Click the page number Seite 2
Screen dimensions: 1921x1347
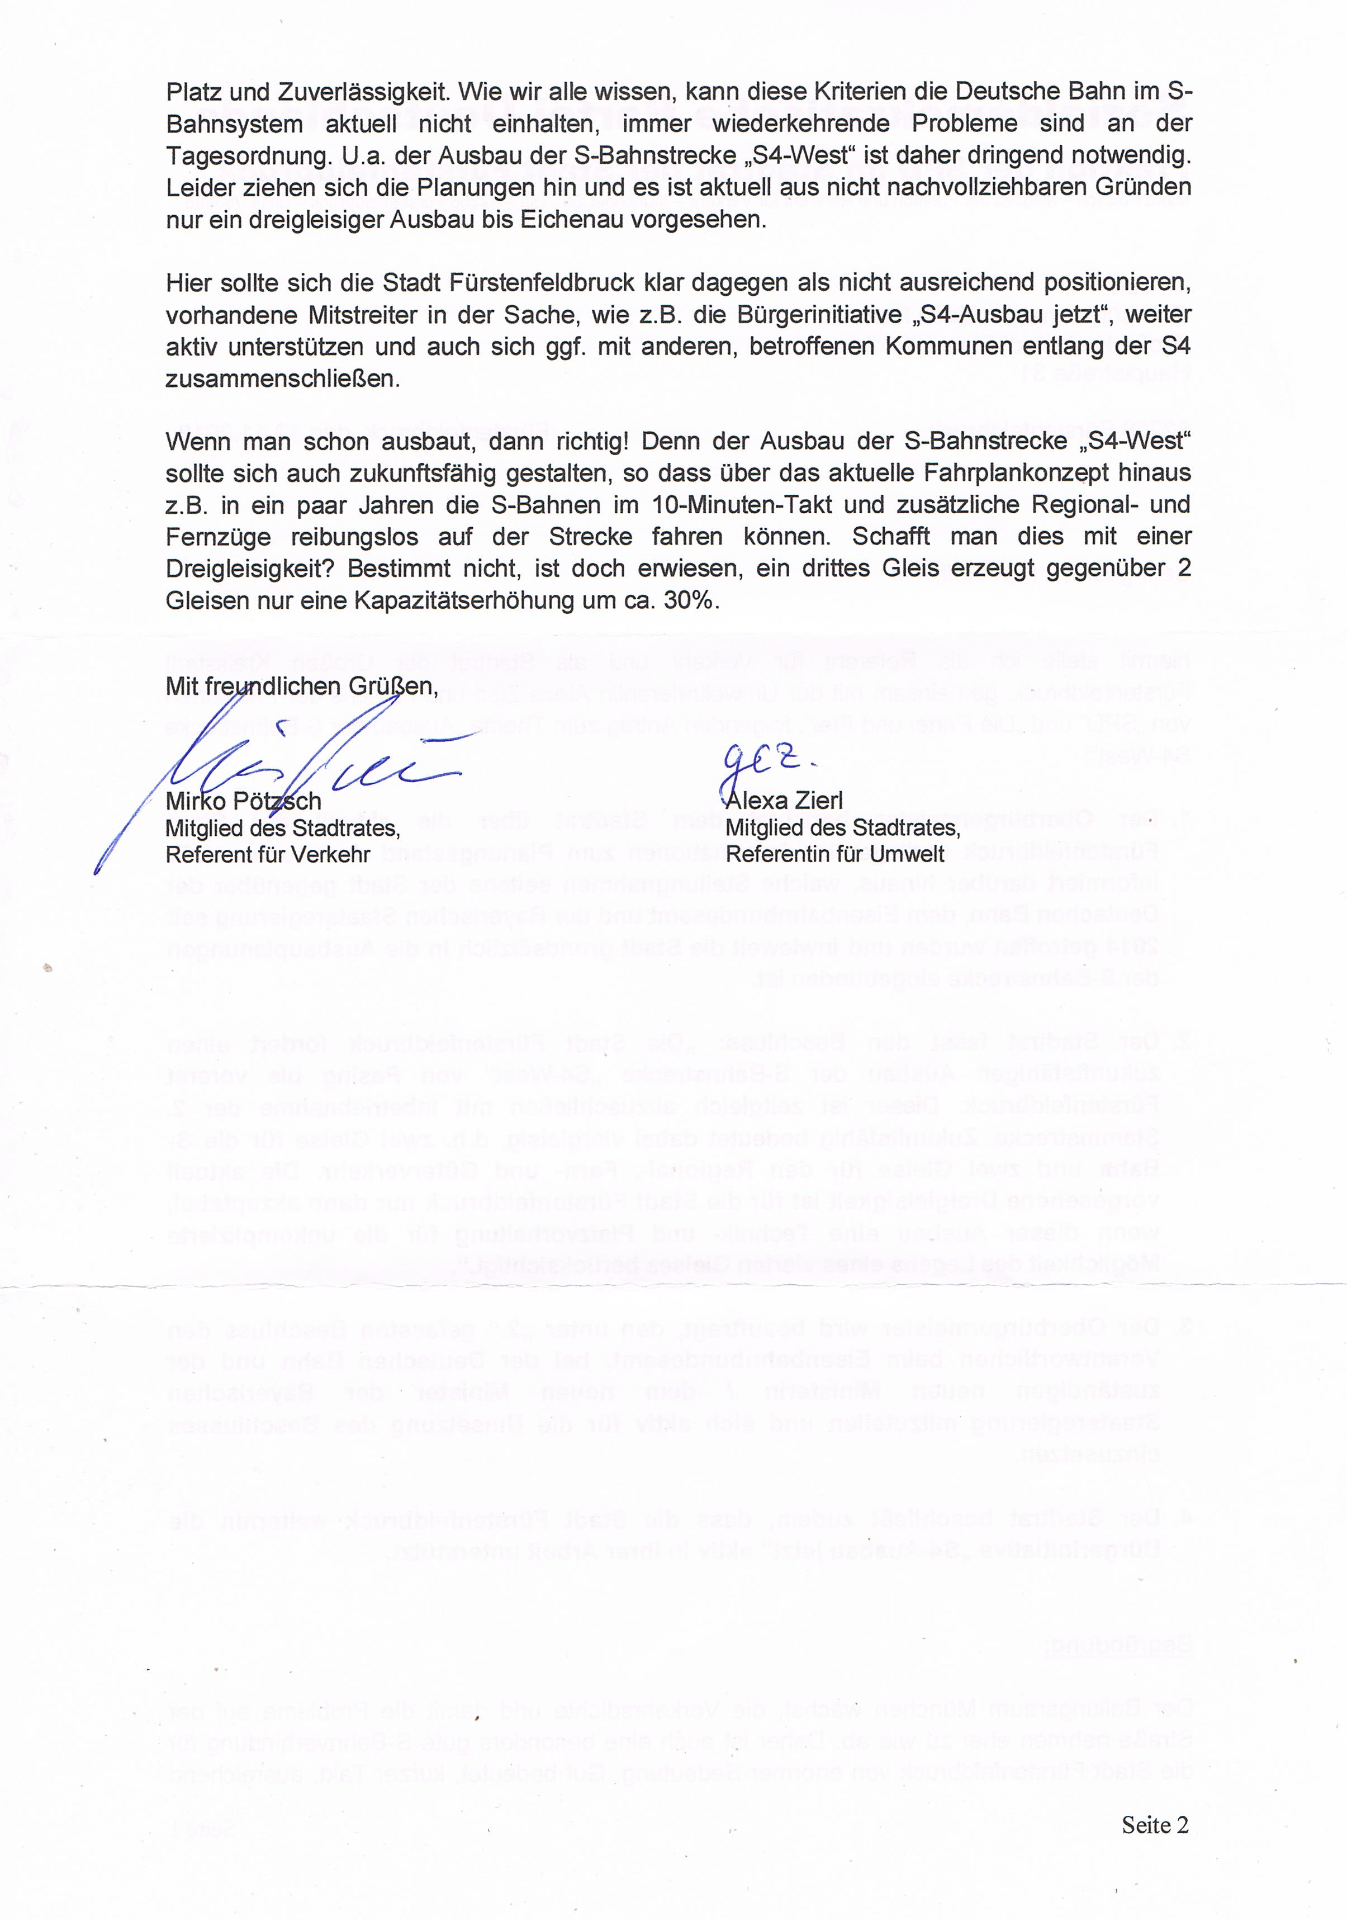1155,1825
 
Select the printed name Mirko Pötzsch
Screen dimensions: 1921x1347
244,801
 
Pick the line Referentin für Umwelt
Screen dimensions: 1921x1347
835,854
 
